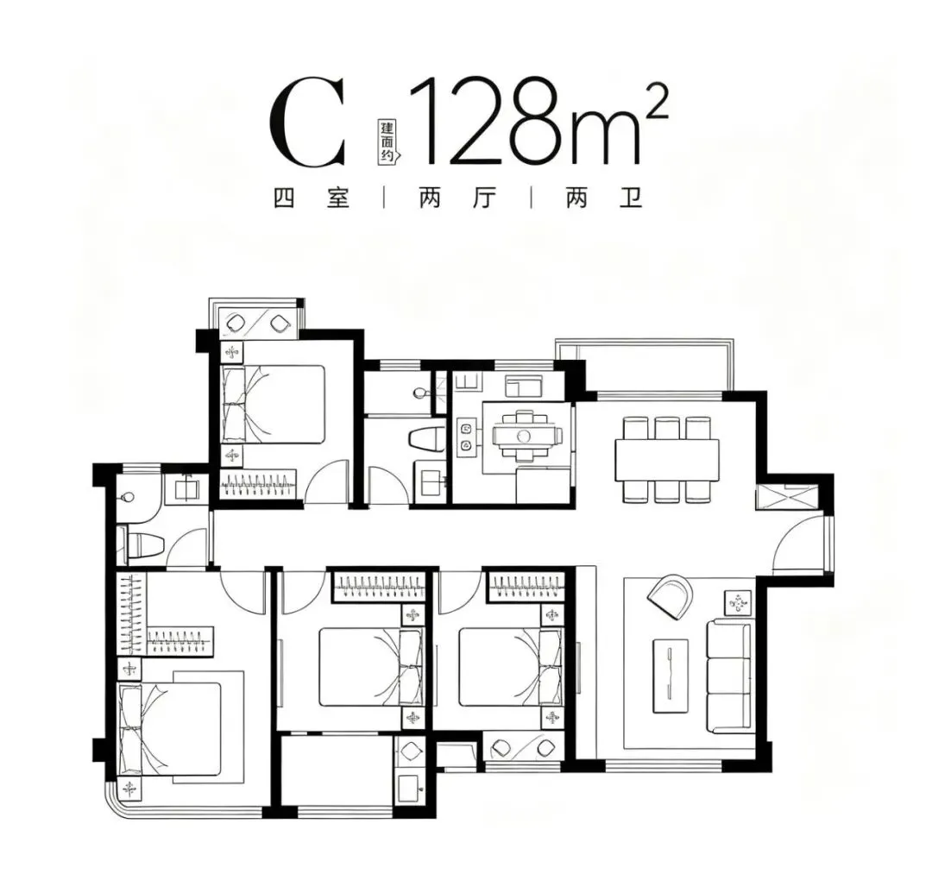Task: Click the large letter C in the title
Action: click(x=306, y=123)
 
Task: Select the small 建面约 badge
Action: click(x=388, y=141)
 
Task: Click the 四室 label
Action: click(x=312, y=198)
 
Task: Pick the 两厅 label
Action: click(x=457, y=198)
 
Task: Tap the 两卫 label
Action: click(x=604, y=198)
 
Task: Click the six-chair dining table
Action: click(x=666, y=459)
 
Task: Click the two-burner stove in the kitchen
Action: click(x=465, y=436)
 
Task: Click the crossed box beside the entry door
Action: click(x=786, y=497)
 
